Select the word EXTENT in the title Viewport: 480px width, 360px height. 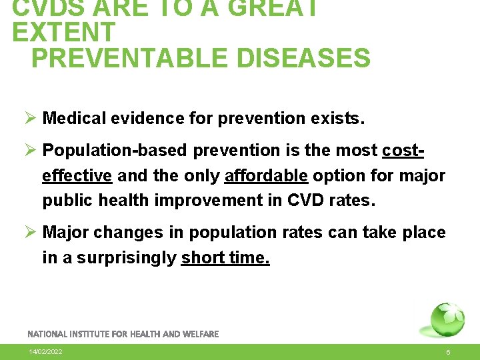64,32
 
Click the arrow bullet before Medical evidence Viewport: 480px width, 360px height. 30,119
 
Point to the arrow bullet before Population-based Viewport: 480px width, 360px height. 30,151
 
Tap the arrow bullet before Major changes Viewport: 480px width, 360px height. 30,233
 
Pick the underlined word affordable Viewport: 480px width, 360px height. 267,176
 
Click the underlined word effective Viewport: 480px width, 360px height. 77,176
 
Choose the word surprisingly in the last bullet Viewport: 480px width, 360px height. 127,258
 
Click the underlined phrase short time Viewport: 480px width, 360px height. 225,258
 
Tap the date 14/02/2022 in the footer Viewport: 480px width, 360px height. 46,351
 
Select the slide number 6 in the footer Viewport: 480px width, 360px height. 448,351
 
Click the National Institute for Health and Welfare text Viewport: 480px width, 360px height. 123,333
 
